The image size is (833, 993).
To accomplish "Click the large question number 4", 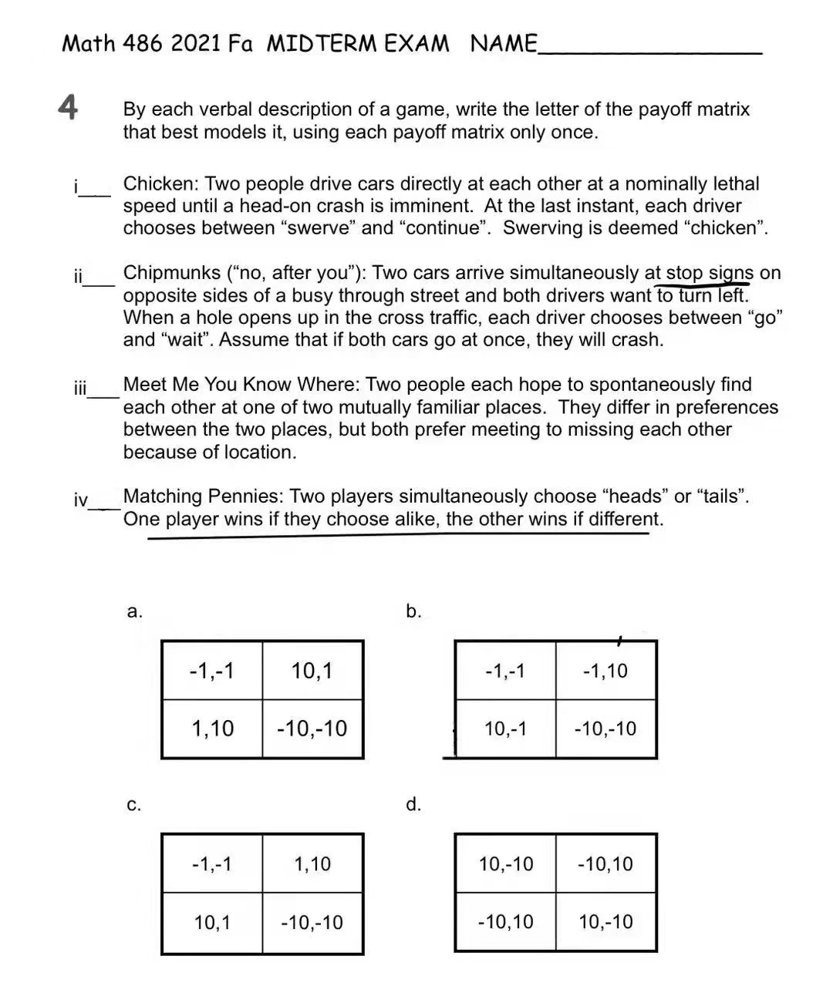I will coord(69,107).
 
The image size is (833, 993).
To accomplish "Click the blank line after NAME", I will coord(649,52).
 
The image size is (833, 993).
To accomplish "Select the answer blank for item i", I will coord(98,194).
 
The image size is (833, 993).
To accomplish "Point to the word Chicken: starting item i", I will coord(160,184).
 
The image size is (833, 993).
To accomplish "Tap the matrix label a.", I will coord(134,611).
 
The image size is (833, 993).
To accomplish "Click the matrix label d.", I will coord(413,805).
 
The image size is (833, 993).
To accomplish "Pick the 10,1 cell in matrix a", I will coord(312,671).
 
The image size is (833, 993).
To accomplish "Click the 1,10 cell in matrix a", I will coord(212,729).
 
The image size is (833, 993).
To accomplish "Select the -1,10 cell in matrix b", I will coord(605,671).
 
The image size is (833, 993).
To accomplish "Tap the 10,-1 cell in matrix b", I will coord(505,729).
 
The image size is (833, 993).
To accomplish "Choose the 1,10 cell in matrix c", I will coord(312,863).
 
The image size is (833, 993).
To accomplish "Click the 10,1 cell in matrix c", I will coord(212,922).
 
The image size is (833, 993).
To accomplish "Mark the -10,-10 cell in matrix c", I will coord(312,922).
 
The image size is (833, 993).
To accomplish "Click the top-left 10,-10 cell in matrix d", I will coord(505,863).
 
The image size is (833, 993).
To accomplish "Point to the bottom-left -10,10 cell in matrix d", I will coord(505,922).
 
